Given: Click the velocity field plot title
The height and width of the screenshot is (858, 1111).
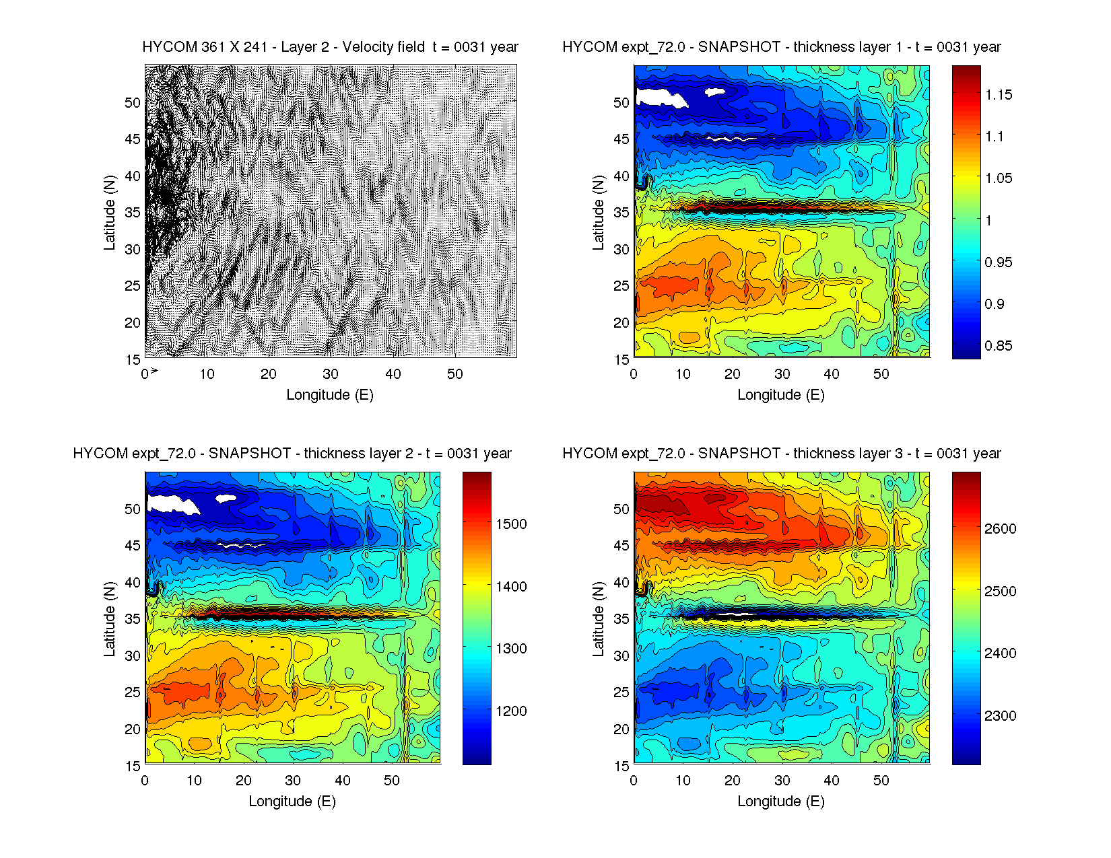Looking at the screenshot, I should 330,47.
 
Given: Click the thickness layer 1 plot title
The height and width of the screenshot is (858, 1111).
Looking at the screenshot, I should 781,47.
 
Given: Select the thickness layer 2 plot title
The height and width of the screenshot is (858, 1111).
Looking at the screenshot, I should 292,454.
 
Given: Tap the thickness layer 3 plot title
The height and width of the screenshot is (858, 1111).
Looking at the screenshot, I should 781,454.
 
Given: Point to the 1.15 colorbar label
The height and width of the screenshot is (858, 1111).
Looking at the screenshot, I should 999,95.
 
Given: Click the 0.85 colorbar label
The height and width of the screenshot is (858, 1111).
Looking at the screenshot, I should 999,346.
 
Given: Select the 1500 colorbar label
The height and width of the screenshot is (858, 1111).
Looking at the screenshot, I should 512,524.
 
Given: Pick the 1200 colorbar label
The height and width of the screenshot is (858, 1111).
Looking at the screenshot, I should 512,711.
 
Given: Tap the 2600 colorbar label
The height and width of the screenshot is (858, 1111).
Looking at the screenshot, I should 1001,529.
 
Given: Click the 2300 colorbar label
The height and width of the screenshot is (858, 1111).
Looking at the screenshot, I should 1001,716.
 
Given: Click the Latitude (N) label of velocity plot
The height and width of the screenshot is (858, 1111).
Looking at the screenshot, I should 110,212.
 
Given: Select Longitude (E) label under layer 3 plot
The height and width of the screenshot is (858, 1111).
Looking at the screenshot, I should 781,801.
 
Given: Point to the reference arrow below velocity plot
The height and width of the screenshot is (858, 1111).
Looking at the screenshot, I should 154,370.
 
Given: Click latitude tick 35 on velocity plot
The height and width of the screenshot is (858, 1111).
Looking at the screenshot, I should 133,213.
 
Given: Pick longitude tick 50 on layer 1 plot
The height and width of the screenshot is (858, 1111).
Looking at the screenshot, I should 881,374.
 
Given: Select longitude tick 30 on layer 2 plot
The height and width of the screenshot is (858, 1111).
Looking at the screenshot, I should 293,781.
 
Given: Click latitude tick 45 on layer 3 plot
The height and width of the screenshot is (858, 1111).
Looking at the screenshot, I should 621,546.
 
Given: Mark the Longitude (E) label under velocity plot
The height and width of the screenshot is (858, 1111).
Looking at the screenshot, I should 330,395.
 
